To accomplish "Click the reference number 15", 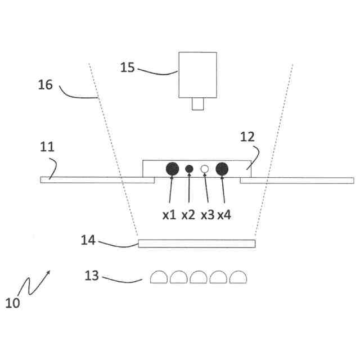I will [128, 67].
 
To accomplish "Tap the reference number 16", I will [46, 85].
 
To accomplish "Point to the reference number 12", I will [247, 137].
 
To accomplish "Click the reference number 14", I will [88, 240].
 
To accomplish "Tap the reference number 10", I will [12, 303].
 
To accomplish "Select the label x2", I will [188, 214].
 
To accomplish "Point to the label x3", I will [207, 214].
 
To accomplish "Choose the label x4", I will [225, 214].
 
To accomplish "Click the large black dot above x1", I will [172, 168].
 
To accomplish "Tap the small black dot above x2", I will [189, 168].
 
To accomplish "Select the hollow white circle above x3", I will [205, 168].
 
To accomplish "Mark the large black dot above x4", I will [222, 168].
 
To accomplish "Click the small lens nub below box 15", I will [198, 104].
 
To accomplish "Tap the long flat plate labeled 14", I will [196, 244].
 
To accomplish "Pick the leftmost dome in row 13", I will [159, 276].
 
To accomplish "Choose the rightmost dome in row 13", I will [238, 276].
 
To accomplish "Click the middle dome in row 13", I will [199, 276].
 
